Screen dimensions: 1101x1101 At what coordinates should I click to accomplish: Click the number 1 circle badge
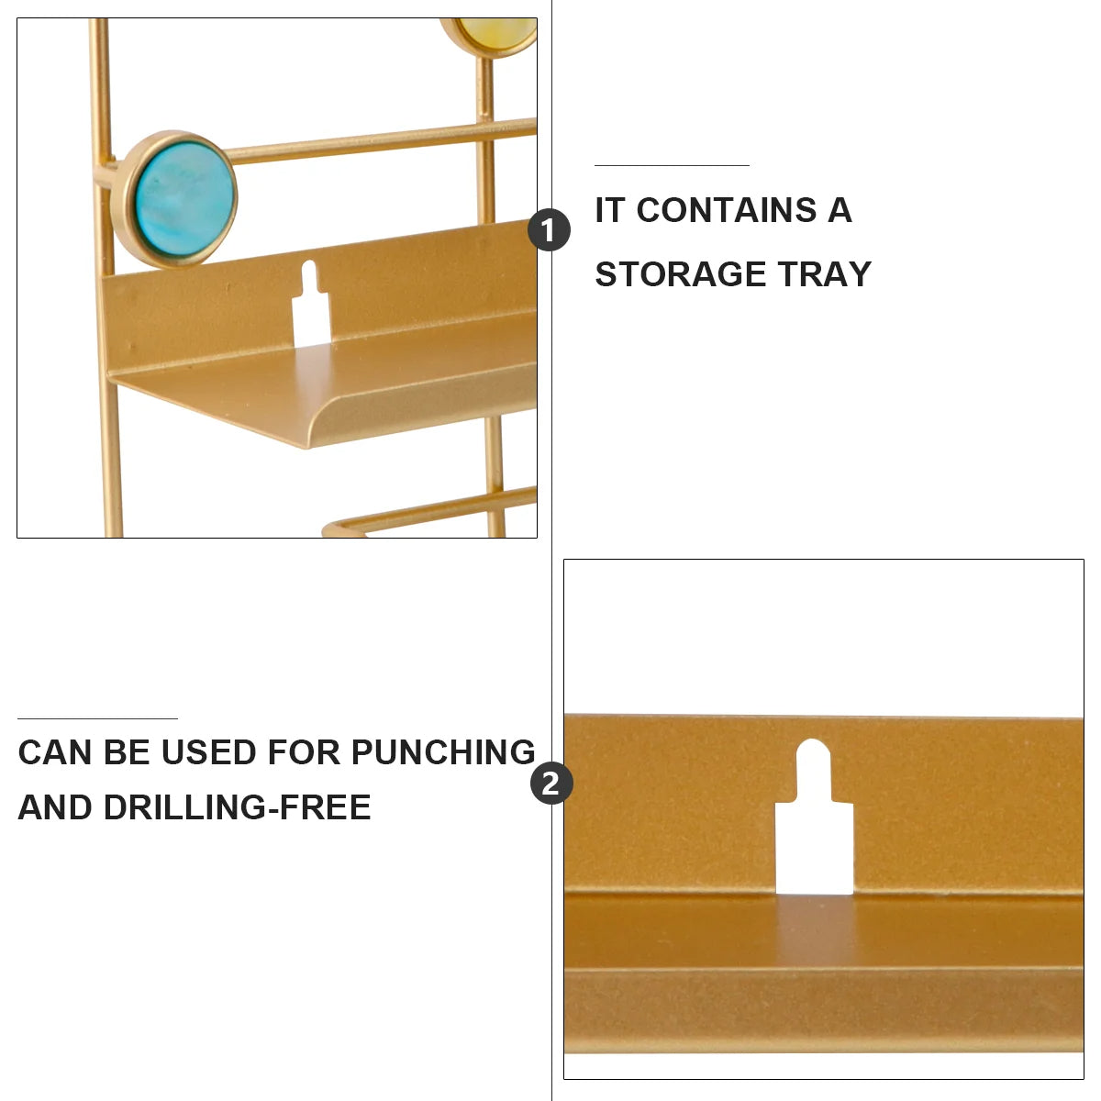pyautogui.click(x=549, y=229)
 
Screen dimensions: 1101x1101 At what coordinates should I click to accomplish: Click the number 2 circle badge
pyautogui.click(x=551, y=784)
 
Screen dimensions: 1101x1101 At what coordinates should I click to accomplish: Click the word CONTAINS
pyautogui.click(x=726, y=210)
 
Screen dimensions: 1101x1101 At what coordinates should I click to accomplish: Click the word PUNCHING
pyautogui.click(x=443, y=752)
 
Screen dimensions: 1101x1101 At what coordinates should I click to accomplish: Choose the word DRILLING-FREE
pyautogui.click(x=237, y=807)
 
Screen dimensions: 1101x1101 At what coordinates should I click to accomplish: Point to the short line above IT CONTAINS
pyautogui.click(x=672, y=165)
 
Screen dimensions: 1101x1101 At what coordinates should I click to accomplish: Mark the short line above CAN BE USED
pyautogui.click(x=97, y=718)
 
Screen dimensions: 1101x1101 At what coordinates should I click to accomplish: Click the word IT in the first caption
pyautogui.click(x=610, y=210)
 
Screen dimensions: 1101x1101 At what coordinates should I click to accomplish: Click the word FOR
pyautogui.click(x=302, y=752)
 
